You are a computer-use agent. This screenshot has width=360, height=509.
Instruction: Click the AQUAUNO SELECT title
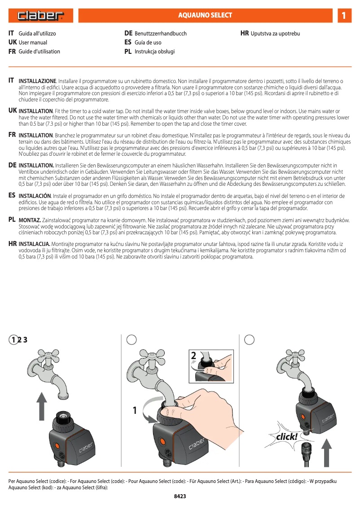pos(205,15)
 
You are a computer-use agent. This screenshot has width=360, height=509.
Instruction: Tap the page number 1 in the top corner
pos(344,16)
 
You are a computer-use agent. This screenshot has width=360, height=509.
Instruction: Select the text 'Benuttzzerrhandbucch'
pos(161,34)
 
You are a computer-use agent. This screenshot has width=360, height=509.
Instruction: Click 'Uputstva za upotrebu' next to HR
pos(275,34)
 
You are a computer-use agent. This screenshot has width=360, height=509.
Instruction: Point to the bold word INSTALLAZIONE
pos(37,81)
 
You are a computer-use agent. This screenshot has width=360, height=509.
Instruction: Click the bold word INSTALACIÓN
pos(35,196)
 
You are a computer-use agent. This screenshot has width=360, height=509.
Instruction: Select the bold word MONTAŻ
pos(30,220)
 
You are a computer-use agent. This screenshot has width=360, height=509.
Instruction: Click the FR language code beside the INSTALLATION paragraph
pos(13,135)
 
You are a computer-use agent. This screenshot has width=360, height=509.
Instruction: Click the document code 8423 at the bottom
pos(180,496)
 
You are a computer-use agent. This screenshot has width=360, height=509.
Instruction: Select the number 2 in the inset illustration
pos(193,355)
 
